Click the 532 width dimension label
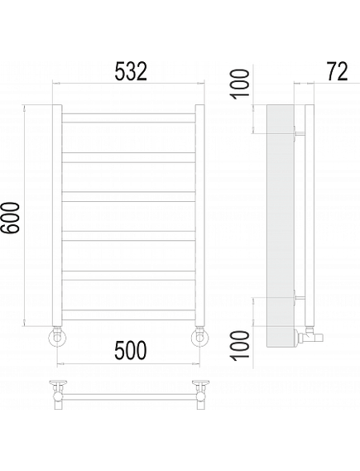132,71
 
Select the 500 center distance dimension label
131,350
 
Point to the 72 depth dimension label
337,71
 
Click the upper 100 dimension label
240,84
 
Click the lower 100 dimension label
240,344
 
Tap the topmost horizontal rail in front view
129,118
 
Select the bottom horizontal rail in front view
129,315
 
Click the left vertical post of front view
57,215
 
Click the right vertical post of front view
200,215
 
